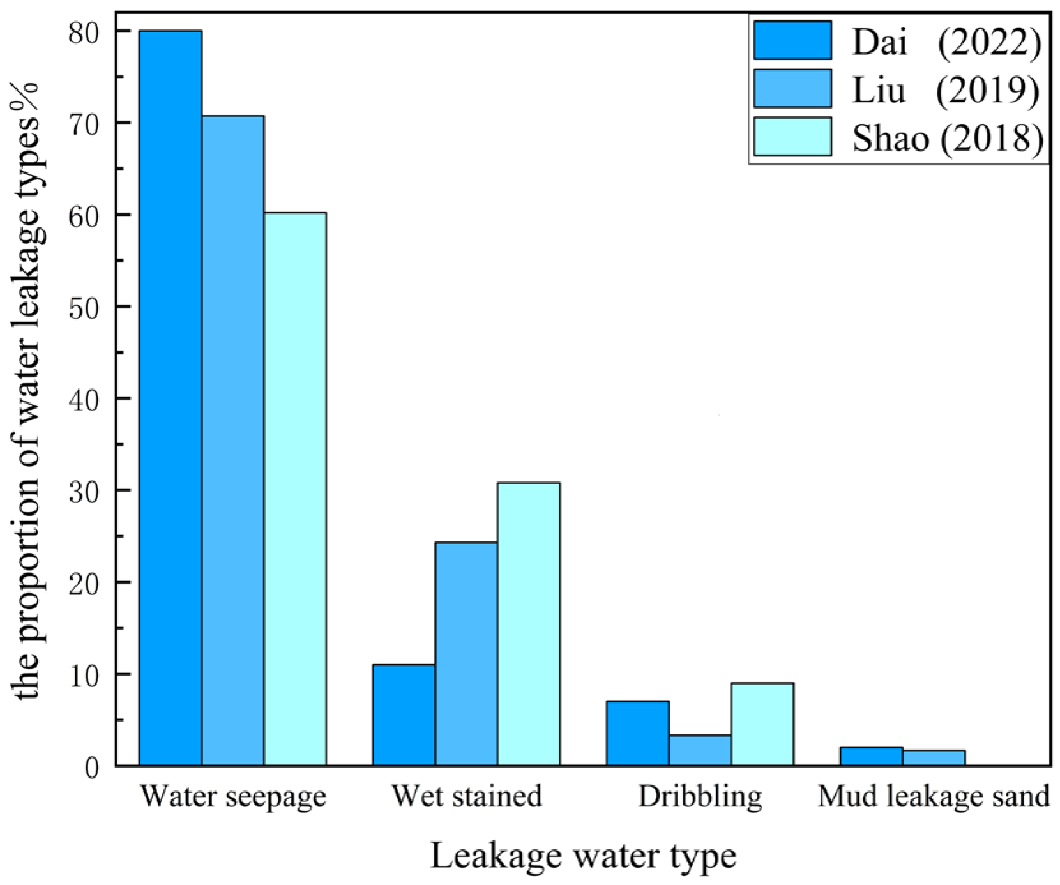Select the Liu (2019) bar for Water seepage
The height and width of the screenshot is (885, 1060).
(x=232, y=441)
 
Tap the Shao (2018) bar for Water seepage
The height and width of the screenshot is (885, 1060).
(x=295, y=488)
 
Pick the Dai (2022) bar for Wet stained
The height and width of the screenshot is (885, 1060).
(x=404, y=715)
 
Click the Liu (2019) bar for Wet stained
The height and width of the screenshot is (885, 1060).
(x=466, y=654)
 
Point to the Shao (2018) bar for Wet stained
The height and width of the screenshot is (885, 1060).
(x=529, y=624)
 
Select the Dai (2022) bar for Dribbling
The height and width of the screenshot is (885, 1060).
(x=637, y=733)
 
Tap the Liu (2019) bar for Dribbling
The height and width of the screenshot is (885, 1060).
(x=700, y=750)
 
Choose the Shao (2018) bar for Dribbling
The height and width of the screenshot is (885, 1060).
(x=762, y=724)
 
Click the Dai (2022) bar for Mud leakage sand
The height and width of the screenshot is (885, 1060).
(x=871, y=757)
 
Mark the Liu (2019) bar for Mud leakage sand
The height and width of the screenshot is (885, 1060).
(x=934, y=758)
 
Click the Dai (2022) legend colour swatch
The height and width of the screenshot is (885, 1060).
(x=792, y=40)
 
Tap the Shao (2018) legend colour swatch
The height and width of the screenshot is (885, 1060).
(x=792, y=136)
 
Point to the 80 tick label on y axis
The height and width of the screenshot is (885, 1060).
(x=85, y=32)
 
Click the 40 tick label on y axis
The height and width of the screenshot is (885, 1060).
(x=85, y=399)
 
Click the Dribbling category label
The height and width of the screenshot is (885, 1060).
(x=700, y=796)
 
